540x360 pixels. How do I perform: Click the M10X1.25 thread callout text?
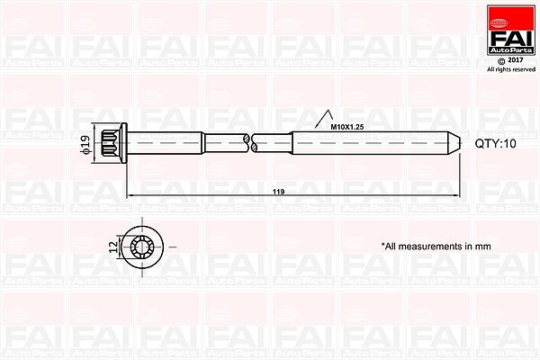(x=347, y=127)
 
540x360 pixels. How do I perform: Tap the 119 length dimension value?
(x=278, y=192)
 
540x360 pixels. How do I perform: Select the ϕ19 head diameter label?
(x=85, y=144)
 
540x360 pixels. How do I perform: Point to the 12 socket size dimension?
(x=113, y=247)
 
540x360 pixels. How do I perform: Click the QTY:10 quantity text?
(x=496, y=143)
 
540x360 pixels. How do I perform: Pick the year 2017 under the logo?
(x=516, y=60)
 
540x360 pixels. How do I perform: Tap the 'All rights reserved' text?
(x=511, y=69)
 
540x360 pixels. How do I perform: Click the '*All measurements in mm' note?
(x=436, y=247)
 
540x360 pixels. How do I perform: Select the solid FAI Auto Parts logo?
(x=511, y=30)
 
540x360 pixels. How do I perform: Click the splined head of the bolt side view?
(x=111, y=143)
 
